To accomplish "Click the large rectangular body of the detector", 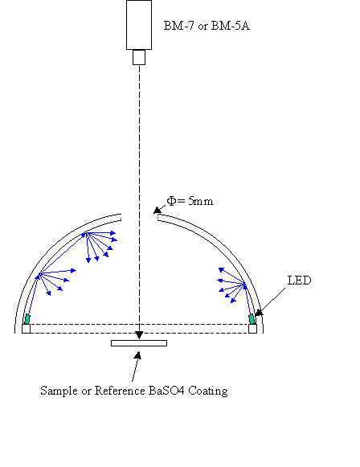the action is click(x=139, y=25).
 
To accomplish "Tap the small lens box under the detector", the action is click(x=139, y=57).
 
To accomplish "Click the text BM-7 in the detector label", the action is click(x=178, y=26).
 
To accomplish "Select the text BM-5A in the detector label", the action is click(x=230, y=26).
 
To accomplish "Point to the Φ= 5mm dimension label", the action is click(x=190, y=201).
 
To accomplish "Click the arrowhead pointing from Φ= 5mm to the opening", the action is click(x=157, y=211).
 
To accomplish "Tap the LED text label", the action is click(x=299, y=281).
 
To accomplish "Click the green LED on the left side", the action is click(x=27, y=319).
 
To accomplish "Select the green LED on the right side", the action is click(x=252, y=319).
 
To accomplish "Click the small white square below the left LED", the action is click(x=27, y=329).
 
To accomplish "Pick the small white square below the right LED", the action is click(x=253, y=329).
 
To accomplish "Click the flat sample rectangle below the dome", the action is click(x=139, y=343).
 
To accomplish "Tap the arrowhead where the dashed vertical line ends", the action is click(x=139, y=335).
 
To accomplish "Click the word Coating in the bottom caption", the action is click(x=208, y=391).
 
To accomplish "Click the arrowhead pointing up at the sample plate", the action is click(x=137, y=355).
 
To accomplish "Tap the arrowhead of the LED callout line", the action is click(x=259, y=313).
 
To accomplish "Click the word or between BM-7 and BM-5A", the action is click(x=202, y=27).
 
